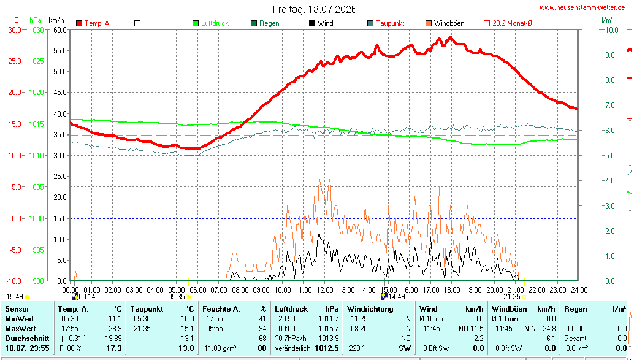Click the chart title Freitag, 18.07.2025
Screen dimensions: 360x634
pyautogui.click(x=315, y=10)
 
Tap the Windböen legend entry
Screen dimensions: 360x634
pyautogui.click(x=448, y=23)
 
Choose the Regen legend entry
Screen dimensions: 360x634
pyautogui.click(x=269, y=23)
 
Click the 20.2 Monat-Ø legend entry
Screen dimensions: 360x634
pyautogui.click(x=511, y=23)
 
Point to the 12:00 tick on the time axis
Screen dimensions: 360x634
pyautogui.click(x=324, y=289)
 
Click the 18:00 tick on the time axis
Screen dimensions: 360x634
pyautogui.click(x=452, y=289)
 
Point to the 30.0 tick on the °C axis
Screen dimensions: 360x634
pyautogui.click(x=13, y=29)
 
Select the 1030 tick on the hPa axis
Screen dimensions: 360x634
pyautogui.click(x=37, y=29)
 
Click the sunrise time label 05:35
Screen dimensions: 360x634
pyautogui.click(x=177, y=297)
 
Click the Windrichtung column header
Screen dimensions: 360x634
pyautogui.click(x=370, y=309)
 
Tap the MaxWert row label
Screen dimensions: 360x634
pyautogui.click(x=20, y=329)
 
